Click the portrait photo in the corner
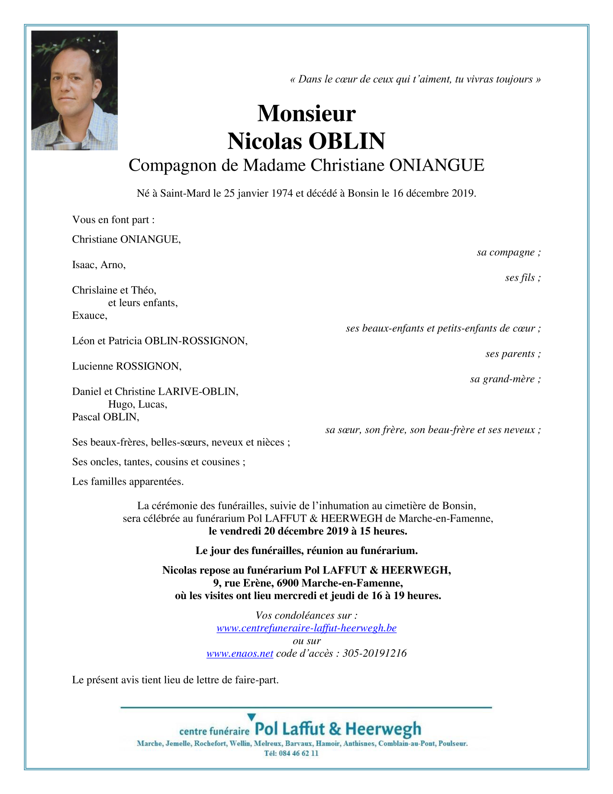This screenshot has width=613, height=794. pyautogui.click(x=74, y=91)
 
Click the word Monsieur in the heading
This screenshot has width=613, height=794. pyautogui.click(x=306, y=113)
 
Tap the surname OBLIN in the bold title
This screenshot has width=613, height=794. pyautogui.click(x=346, y=141)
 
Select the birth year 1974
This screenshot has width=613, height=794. pyautogui.click(x=282, y=193)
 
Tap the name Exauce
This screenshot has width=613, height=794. pyautogui.click(x=89, y=315)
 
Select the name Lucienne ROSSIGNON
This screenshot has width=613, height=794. pyautogui.click(x=126, y=366)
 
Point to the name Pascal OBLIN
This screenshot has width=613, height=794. pyautogui.click(x=105, y=417)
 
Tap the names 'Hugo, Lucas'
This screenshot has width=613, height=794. pyautogui.click(x=138, y=405)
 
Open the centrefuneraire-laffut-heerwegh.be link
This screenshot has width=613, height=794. pyautogui.click(x=306, y=628)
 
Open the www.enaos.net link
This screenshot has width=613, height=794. pyautogui.click(x=240, y=654)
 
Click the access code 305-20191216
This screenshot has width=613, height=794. pyautogui.click(x=374, y=654)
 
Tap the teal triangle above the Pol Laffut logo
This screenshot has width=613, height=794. pyautogui.click(x=251, y=717)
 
